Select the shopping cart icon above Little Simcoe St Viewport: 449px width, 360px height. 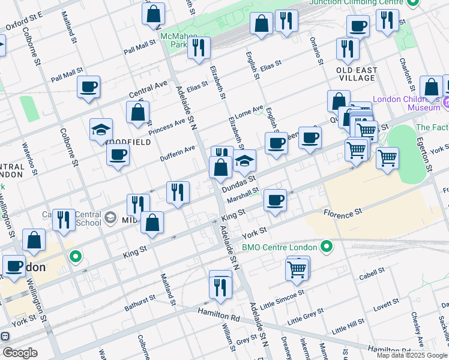coord(297,269)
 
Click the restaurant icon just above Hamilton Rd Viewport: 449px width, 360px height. coord(220,284)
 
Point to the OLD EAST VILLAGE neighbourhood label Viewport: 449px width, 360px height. coord(357,74)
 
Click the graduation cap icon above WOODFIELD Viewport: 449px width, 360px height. coord(101,130)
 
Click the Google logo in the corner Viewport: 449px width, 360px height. coord(19,352)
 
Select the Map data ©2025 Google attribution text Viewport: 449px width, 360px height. coord(411,355)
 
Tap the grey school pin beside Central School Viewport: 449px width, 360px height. coord(110,217)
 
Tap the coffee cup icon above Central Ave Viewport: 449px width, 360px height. coord(88,87)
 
